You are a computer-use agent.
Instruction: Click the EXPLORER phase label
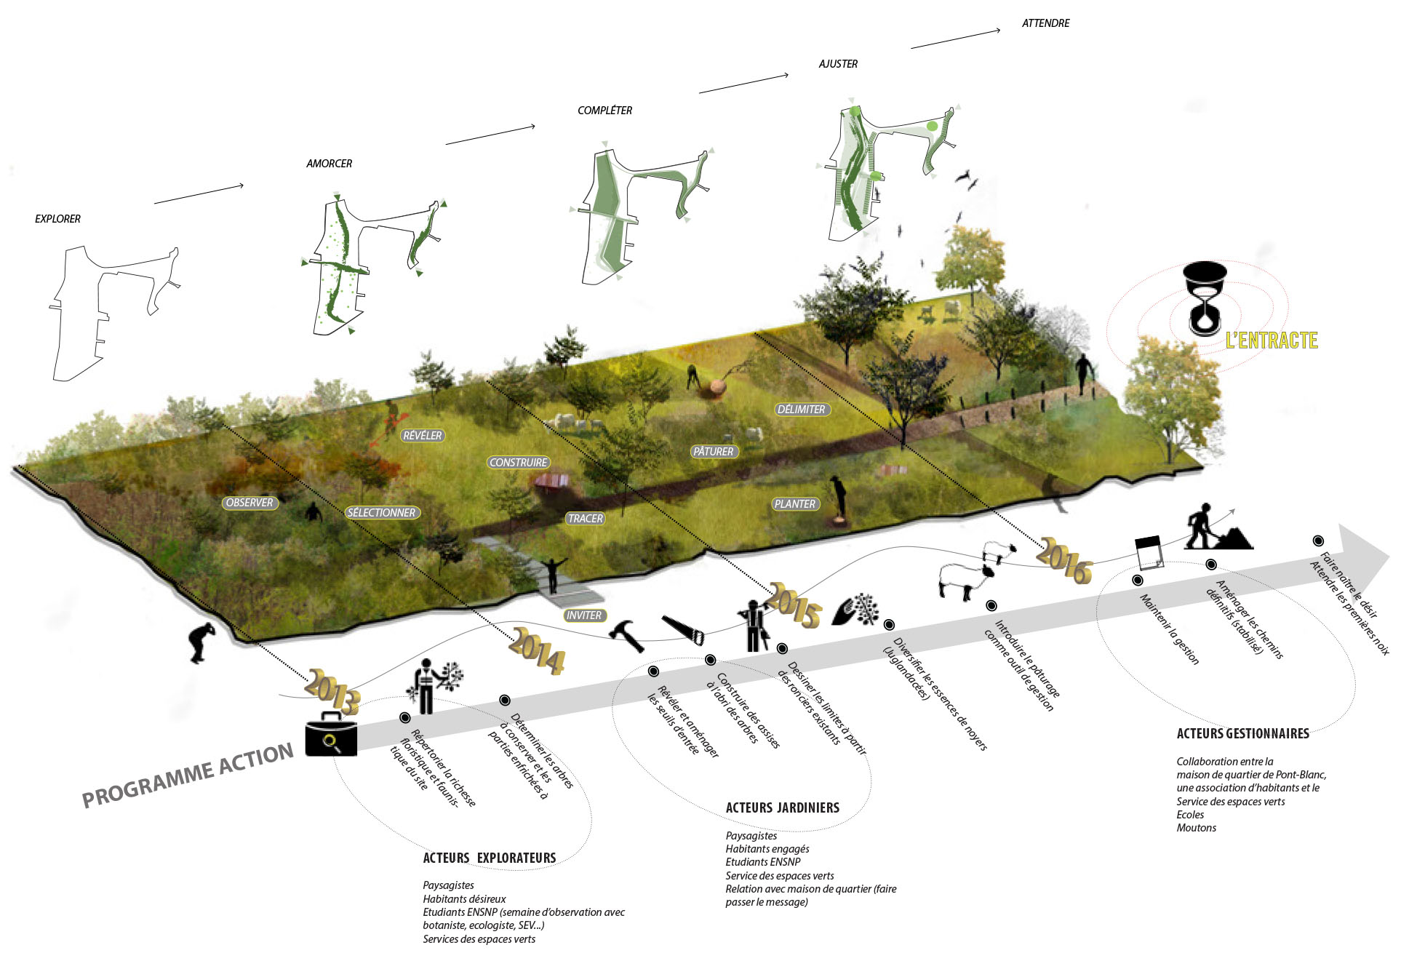tap(57, 219)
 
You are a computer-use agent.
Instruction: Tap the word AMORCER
tap(329, 164)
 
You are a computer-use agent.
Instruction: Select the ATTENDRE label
tap(1045, 23)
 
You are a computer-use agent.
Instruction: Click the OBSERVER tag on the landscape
tap(250, 503)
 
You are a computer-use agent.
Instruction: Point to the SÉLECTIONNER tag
tap(381, 513)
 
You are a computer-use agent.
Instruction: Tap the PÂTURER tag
tap(713, 452)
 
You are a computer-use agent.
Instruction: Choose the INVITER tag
tap(584, 615)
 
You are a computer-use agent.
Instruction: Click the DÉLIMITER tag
tap(801, 410)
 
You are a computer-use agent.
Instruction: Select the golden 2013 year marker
tap(332, 690)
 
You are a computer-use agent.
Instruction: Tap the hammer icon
tap(626, 635)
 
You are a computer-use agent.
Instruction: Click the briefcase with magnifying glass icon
tap(331, 735)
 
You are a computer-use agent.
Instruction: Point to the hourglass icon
tap(1205, 299)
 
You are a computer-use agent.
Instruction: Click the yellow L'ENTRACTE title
tap(1272, 340)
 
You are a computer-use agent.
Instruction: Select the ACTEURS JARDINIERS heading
tap(782, 808)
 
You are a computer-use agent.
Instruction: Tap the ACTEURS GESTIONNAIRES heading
tap(1242, 733)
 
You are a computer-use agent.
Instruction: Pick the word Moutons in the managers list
tap(1196, 828)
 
